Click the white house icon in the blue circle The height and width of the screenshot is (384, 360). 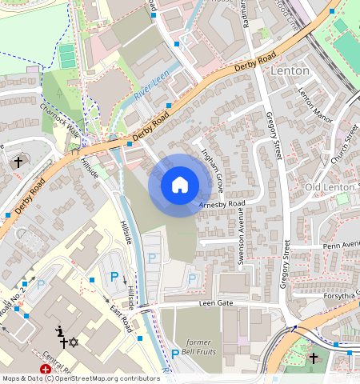coord(180,185)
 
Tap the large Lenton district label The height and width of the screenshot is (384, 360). coord(290,70)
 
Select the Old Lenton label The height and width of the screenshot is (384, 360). coord(330,187)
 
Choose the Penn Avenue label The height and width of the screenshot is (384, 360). coord(342,245)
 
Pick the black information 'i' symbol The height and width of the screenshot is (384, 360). coord(58,331)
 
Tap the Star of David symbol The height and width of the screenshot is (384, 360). coord(74,342)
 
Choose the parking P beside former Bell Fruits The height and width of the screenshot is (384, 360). coord(175,354)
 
